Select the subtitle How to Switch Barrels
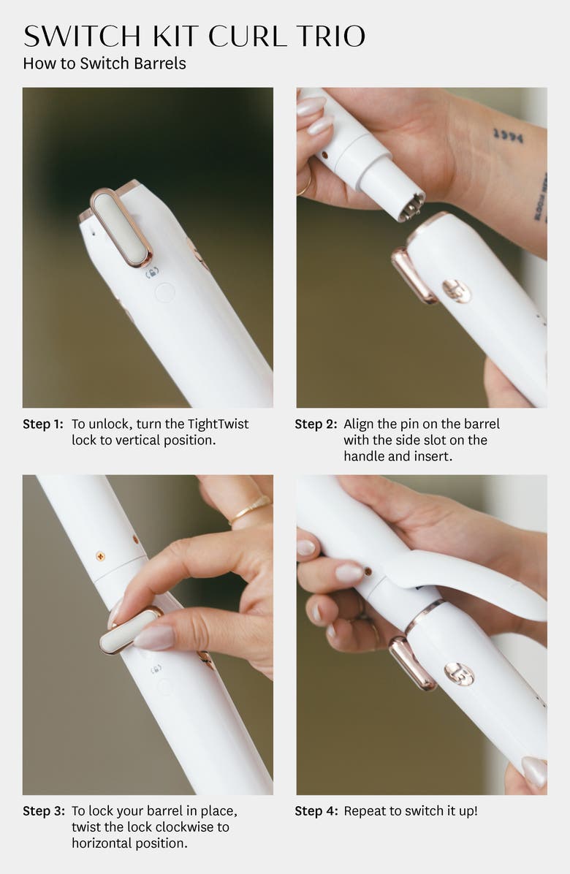(104, 64)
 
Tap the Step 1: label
(43, 424)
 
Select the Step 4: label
(315, 811)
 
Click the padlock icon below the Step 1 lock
(152, 273)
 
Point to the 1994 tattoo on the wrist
(508, 135)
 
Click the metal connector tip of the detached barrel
(411, 207)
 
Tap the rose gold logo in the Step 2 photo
(457, 290)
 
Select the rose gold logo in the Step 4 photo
(459, 673)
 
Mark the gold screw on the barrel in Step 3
(100, 556)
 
